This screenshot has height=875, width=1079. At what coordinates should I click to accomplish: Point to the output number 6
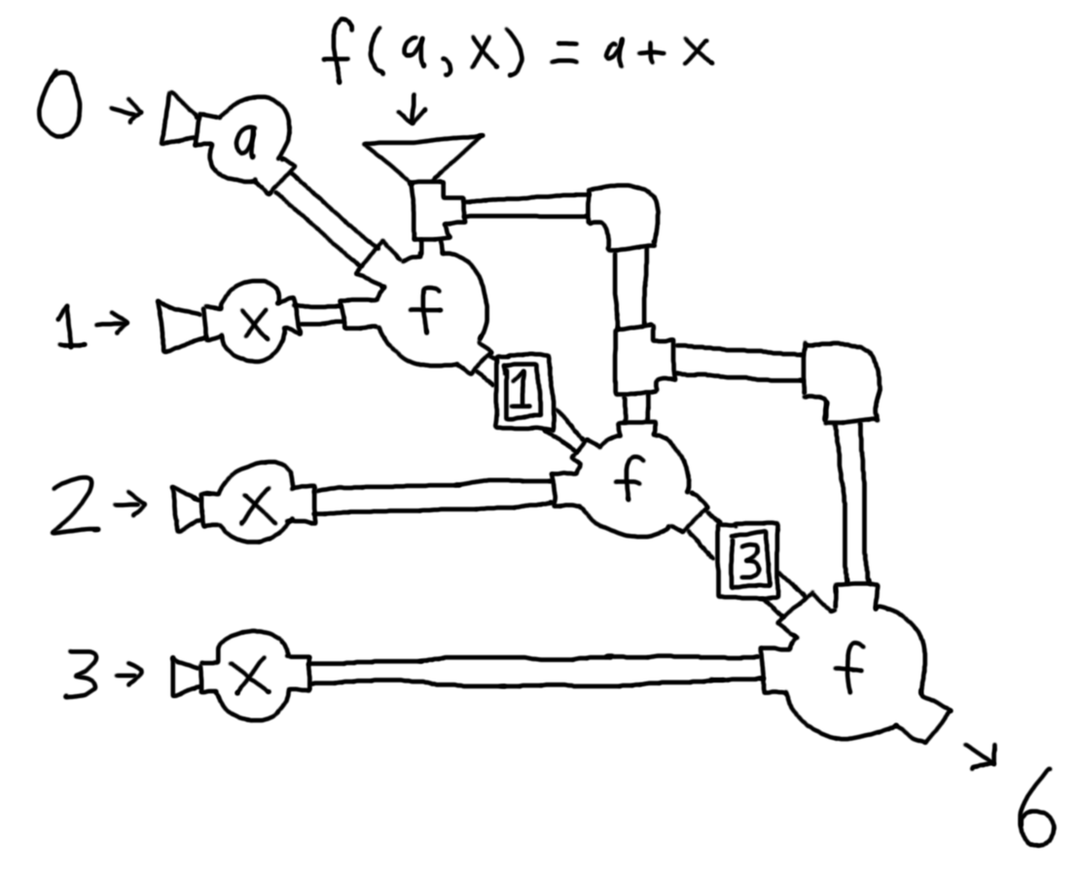[x=1033, y=822]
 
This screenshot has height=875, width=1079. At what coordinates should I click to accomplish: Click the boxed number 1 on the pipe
[x=522, y=391]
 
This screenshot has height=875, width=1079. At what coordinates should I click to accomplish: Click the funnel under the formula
[x=423, y=156]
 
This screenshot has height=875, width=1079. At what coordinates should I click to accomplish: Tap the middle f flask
[x=630, y=481]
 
